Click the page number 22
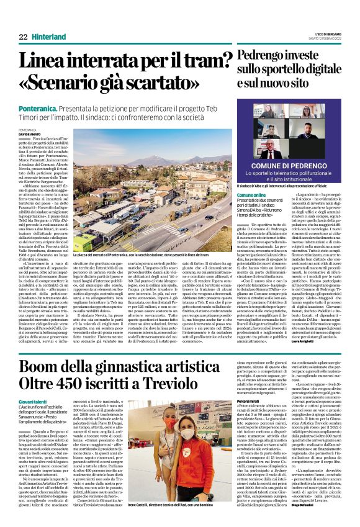pos(23,37)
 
